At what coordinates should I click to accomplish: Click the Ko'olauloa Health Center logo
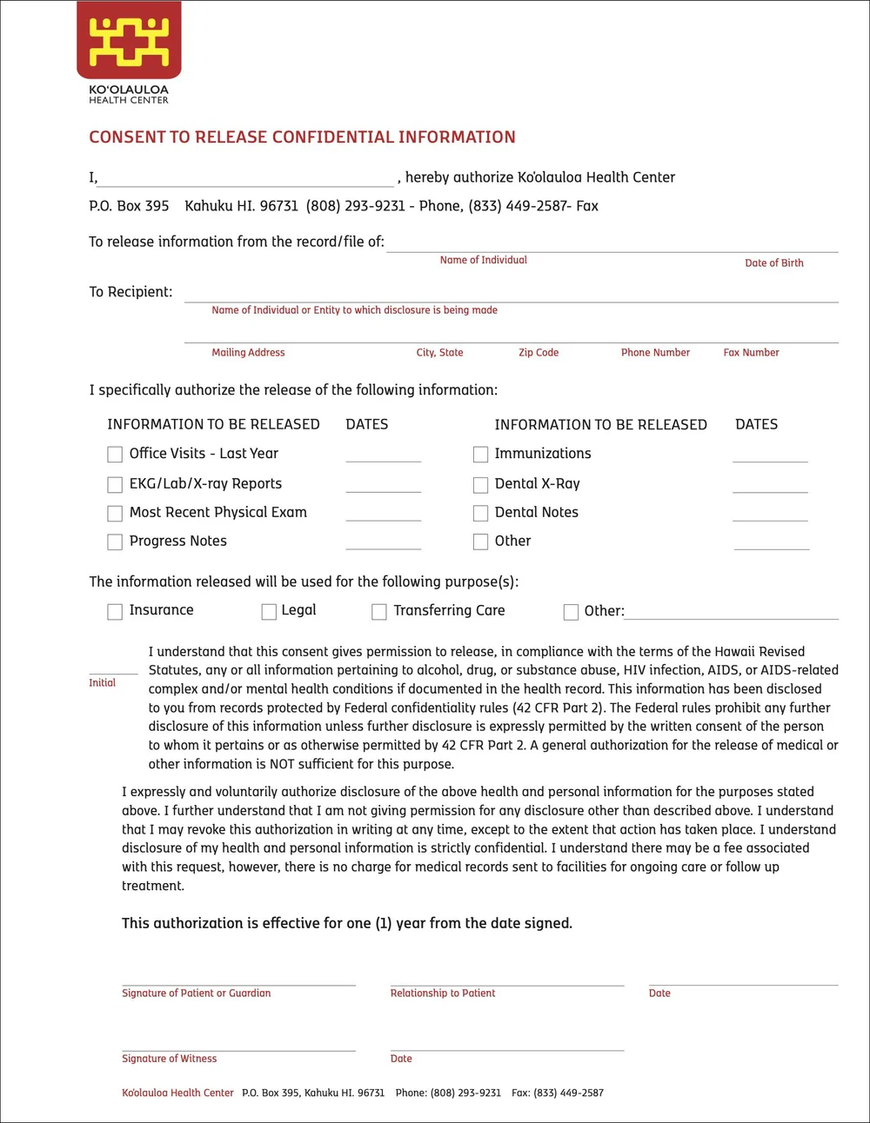(x=129, y=43)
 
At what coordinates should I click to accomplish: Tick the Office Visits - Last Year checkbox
(x=115, y=454)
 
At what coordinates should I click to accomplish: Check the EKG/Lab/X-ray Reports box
(x=115, y=484)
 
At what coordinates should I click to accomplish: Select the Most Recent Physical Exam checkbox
(x=115, y=513)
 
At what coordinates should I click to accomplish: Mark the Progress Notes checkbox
(x=115, y=542)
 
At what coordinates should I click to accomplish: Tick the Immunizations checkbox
(x=480, y=454)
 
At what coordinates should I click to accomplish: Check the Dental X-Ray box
(x=480, y=484)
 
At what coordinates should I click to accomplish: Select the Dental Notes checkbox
(x=480, y=513)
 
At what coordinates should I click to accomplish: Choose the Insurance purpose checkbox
(x=115, y=612)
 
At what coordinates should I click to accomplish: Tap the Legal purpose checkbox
(x=269, y=612)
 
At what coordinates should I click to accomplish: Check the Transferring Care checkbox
(x=379, y=612)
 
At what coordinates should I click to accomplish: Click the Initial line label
(x=102, y=683)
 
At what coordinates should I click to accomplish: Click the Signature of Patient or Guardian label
(x=196, y=993)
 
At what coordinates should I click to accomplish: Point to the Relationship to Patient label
(x=442, y=993)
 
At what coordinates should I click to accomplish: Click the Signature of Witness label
(x=169, y=1059)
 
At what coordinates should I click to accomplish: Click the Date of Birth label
(x=773, y=263)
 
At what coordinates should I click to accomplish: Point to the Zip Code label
(x=539, y=353)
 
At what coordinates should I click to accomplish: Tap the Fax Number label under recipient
(x=751, y=353)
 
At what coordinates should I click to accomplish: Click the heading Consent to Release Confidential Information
(x=302, y=137)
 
